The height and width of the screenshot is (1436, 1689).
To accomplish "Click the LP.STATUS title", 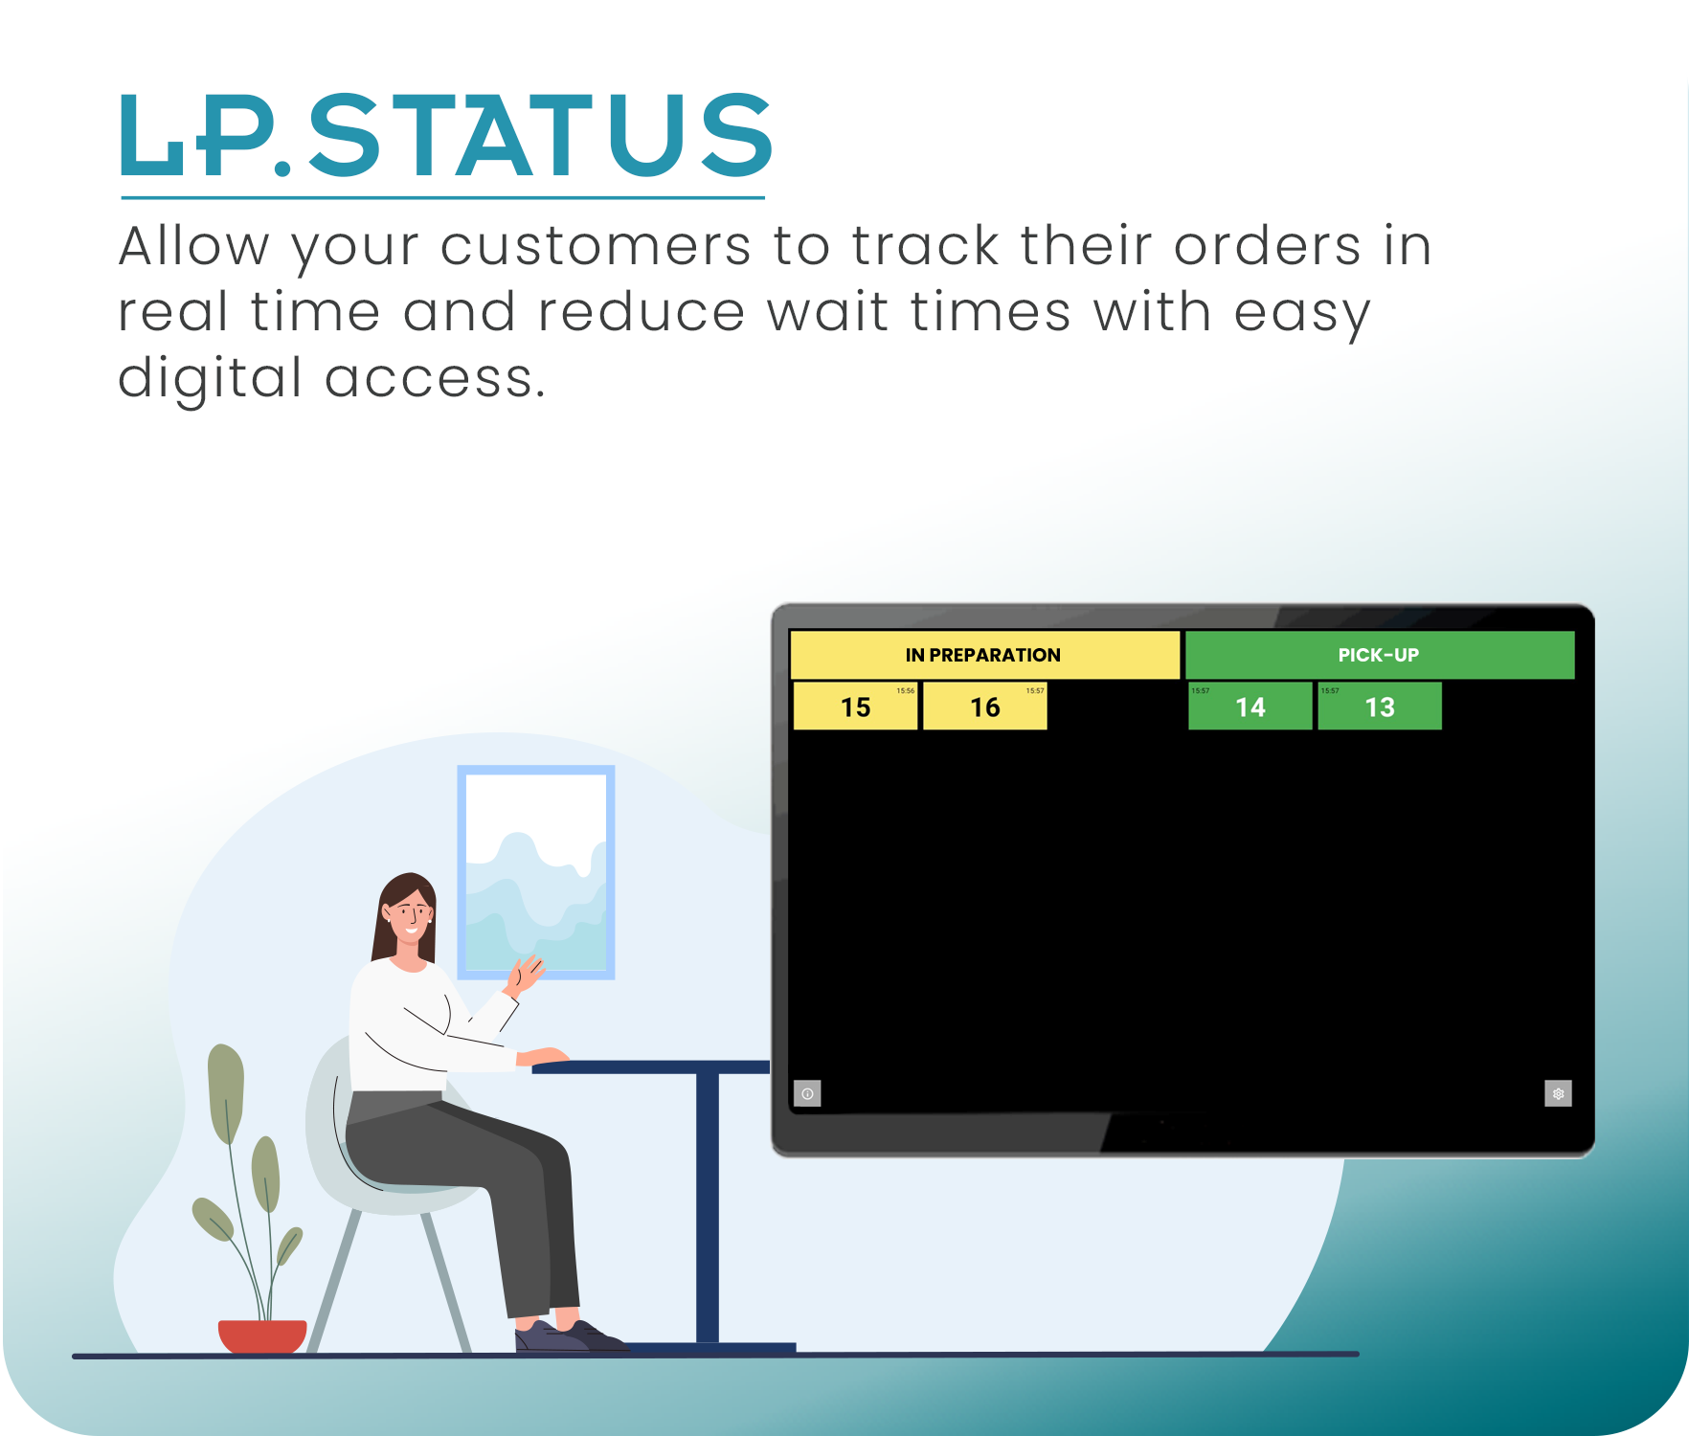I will click(x=446, y=136).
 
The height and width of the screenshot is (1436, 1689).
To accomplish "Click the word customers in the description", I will click(x=596, y=246).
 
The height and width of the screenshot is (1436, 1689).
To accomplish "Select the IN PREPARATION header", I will click(x=983, y=655).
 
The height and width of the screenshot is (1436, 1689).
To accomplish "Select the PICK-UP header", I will click(x=1379, y=655).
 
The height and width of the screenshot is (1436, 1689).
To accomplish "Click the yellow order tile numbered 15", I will click(x=855, y=707).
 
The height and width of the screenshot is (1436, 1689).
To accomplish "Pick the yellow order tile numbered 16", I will click(x=984, y=707).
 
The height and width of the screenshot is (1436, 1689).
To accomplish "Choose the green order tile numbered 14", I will click(x=1250, y=707).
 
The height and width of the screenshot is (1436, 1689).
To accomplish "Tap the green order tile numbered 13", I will click(x=1379, y=707).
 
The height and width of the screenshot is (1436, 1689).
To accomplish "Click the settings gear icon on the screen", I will click(x=1558, y=1093).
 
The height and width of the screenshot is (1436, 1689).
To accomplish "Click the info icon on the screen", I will click(x=807, y=1093).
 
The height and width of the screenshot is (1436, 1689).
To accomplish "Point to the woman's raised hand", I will click(x=526, y=973).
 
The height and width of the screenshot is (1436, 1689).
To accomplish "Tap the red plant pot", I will click(x=261, y=1335).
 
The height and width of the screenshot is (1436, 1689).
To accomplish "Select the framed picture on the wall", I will click(x=536, y=872).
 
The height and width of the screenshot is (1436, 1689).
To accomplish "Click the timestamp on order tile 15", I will click(x=905, y=690).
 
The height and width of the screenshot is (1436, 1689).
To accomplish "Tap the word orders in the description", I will click(x=1267, y=246).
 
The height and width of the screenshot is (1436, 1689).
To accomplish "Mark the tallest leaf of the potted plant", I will click(x=227, y=1091).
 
